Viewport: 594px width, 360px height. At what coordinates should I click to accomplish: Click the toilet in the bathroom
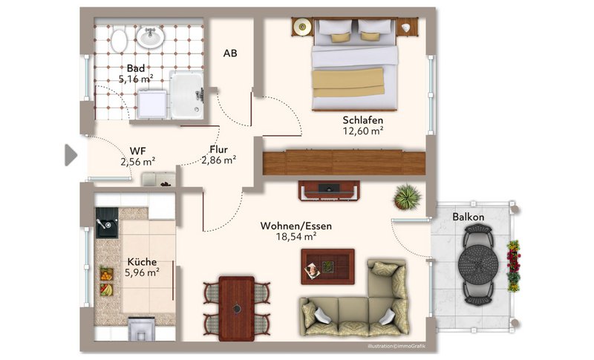[119, 40]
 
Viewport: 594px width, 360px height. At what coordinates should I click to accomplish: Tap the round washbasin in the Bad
[150, 36]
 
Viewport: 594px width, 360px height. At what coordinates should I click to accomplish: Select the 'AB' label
[230, 53]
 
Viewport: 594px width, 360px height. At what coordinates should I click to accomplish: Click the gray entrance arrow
[71, 155]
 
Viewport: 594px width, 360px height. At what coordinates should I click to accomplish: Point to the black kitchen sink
[106, 223]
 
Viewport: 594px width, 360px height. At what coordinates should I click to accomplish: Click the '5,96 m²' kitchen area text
[142, 272]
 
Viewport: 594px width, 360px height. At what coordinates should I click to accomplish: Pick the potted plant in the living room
[407, 197]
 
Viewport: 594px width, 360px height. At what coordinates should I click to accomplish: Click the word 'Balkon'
[469, 217]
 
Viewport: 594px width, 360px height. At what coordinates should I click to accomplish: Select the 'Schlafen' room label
[363, 120]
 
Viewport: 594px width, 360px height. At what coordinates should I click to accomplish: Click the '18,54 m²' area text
[296, 237]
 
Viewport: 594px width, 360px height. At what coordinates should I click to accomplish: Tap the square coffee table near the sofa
[327, 266]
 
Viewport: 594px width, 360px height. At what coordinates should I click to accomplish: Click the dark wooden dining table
[237, 308]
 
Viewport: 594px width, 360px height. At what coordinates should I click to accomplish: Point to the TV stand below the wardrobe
[329, 191]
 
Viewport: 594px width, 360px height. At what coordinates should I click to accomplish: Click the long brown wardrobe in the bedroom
[344, 163]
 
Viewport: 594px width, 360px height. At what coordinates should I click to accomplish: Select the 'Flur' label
[218, 149]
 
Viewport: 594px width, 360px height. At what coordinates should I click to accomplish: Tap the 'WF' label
[138, 151]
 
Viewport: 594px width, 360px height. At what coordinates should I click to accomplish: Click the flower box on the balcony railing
[513, 266]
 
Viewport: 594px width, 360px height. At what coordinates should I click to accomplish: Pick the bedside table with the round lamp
[302, 27]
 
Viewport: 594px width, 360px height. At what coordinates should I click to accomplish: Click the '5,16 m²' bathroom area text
[136, 79]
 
